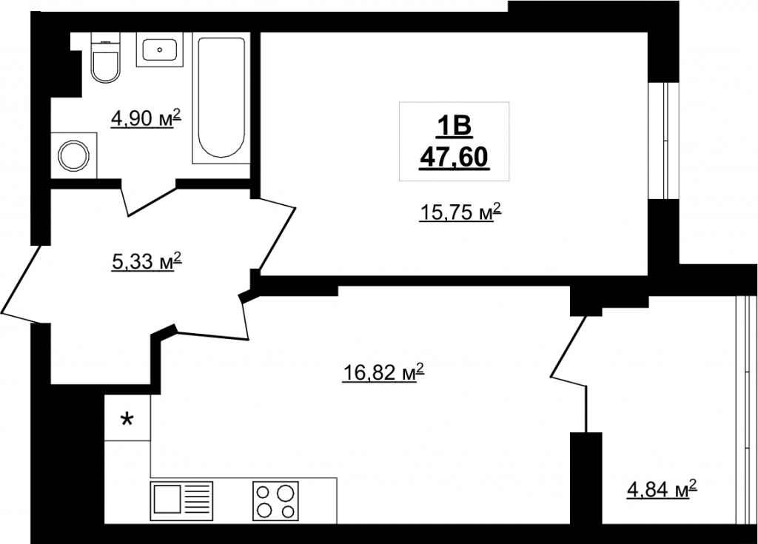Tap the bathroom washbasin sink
click(160, 50)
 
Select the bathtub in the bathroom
click(221, 98)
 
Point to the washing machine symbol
click(74, 155)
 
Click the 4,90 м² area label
click(146, 118)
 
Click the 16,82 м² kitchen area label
click(383, 372)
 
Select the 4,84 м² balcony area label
click(662, 489)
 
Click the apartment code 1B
click(455, 127)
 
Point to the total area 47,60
click(455, 157)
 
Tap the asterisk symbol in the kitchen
click(127, 419)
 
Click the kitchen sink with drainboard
click(182, 501)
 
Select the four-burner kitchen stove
click(276, 501)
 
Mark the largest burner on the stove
click(286, 493)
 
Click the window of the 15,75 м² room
click(664, 141)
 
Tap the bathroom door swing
click(148, 198)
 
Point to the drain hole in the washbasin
click(160, 50)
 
